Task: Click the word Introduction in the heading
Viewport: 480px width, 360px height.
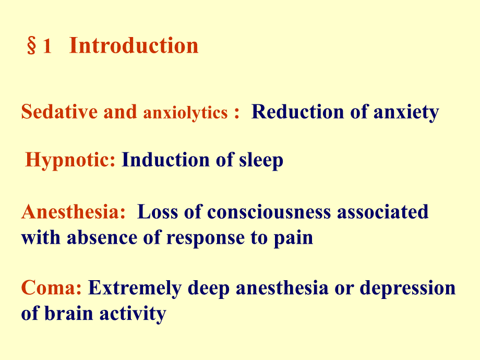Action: pos(134,46)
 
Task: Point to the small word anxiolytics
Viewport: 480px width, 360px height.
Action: pos(185,113)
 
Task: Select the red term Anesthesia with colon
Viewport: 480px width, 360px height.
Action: pos(74,212)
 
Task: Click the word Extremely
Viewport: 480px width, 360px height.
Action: pos(140,289)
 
